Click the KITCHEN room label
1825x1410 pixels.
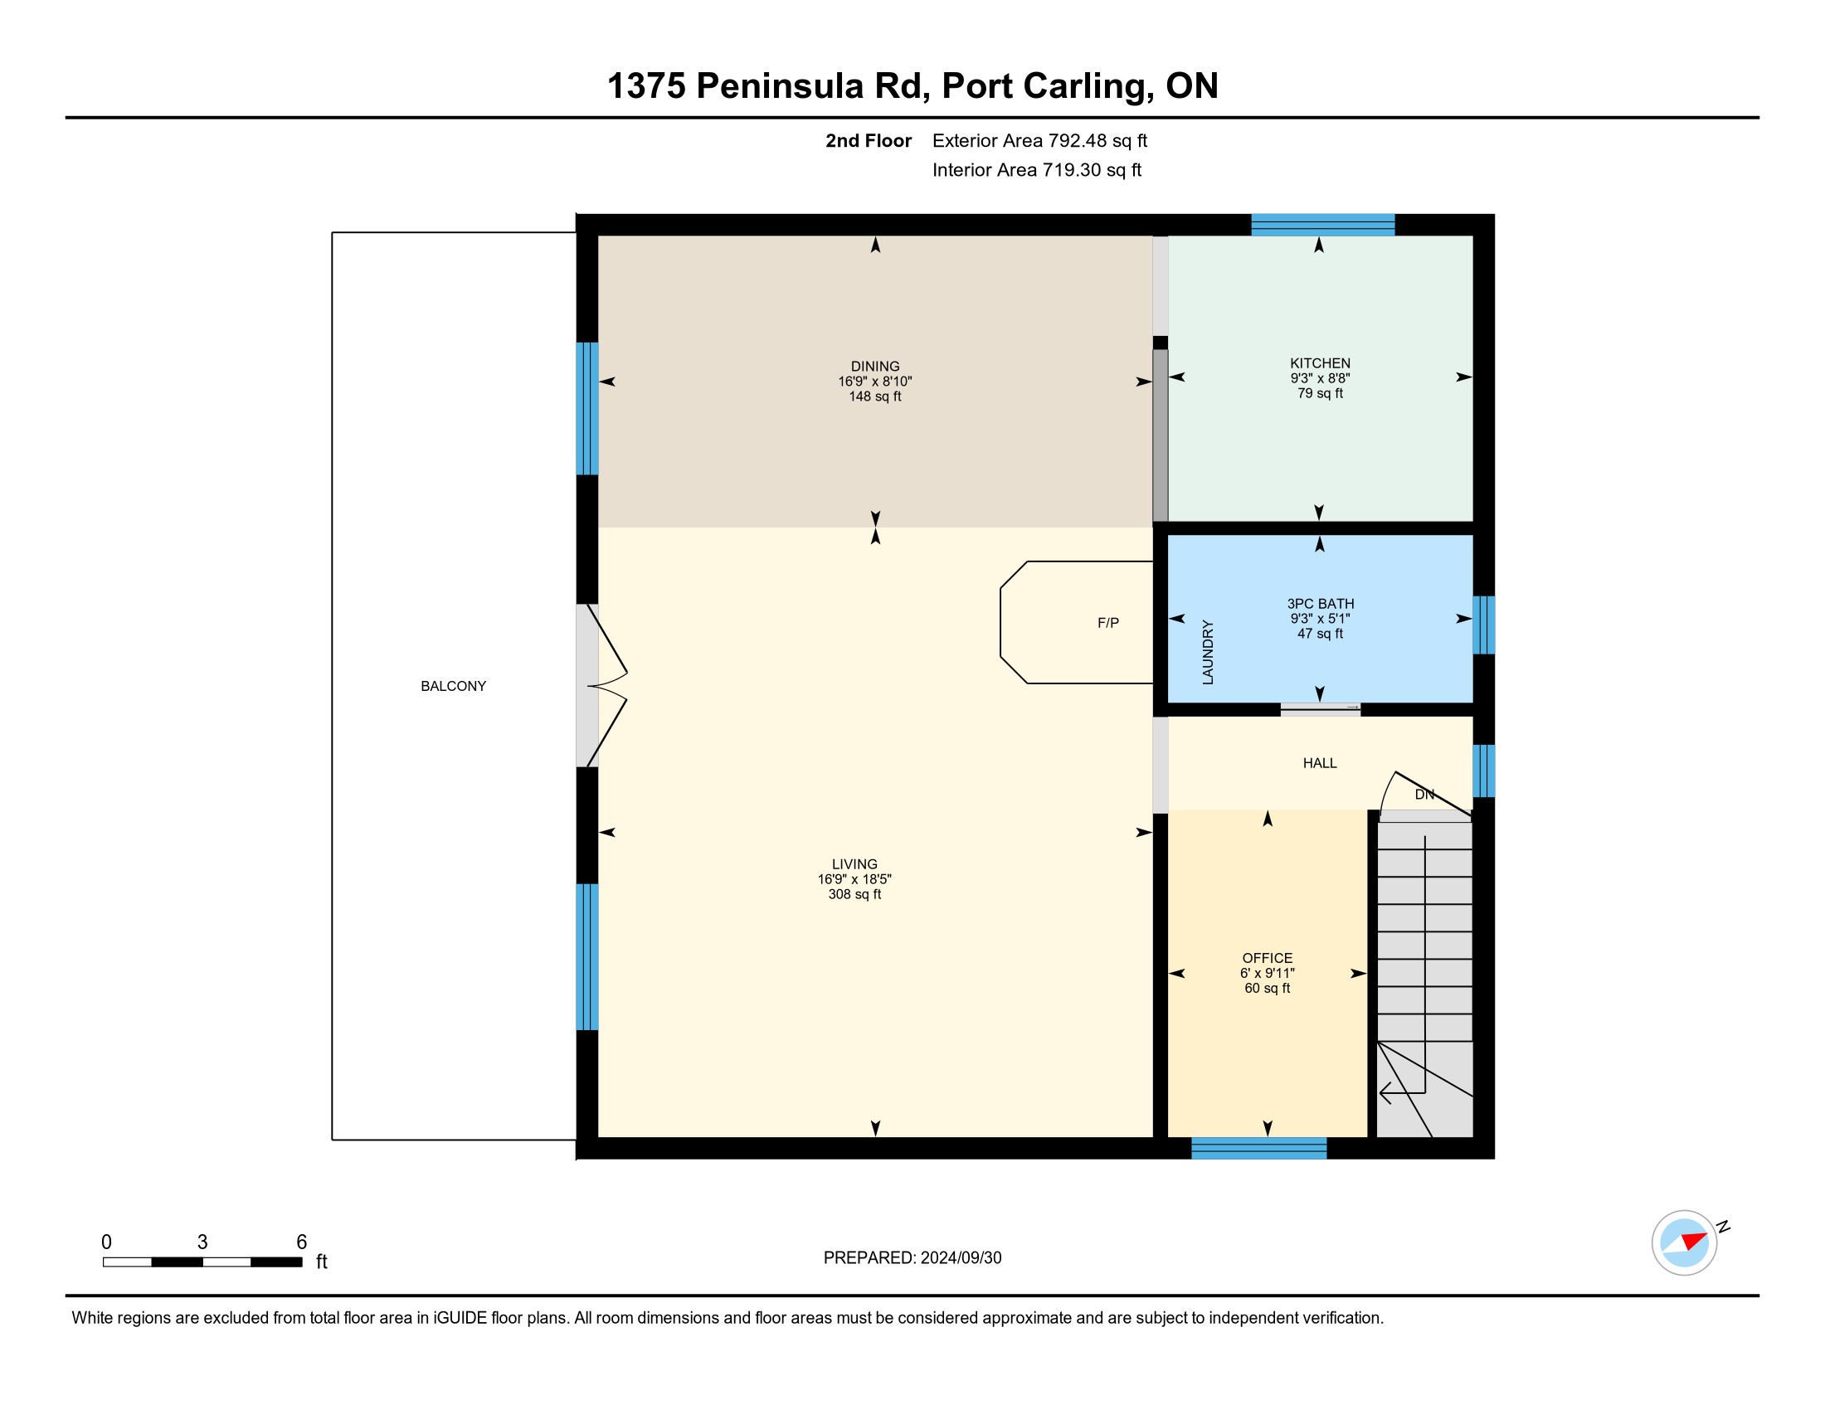coord(1320,363)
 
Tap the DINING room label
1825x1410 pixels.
coord(875,367)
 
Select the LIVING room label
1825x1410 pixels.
coord(854,864)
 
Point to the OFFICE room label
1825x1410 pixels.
coord(1267,958)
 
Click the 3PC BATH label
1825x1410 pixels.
coord(1320,604)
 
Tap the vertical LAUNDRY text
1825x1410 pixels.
coord(1208,653)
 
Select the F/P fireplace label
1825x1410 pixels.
coord(1108,623)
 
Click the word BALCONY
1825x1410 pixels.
coord(453,687)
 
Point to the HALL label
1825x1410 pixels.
coord(1320,763)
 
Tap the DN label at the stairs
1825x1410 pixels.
coord(1423,795)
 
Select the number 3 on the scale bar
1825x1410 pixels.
coord(202,1242)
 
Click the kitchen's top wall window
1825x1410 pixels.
coord(1322,225)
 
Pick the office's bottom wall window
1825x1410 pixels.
coord(1258,1148)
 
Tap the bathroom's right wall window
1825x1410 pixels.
coord(1483,625)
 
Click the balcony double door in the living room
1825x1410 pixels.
coord(601,686)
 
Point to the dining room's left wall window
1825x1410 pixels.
coord(587,408)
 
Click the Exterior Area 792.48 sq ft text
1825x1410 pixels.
coord(1039,141)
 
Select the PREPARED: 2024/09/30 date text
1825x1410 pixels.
coord(912,1258)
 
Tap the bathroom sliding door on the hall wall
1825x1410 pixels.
coord(1321,709)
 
